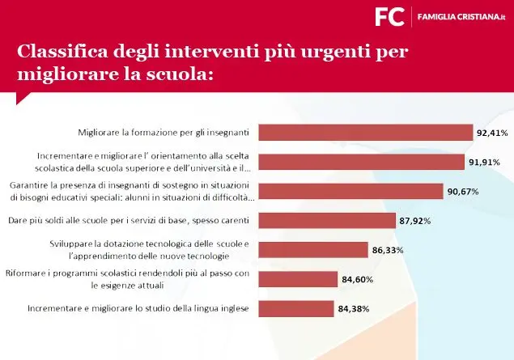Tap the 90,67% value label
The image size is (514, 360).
pyautogui.click(x=462, y=192)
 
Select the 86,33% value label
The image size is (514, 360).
pyautogui.click(x=388, y=250)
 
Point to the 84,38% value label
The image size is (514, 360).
pyautogui.click(x=355, y=309)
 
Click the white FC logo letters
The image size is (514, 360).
pyautogui.click(x=389, y=16)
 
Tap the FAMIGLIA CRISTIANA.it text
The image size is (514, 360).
pyautogui.click(x=461, y=16)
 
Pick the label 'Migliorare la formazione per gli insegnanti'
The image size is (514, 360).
pyautogui.click(x=163, y=132)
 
